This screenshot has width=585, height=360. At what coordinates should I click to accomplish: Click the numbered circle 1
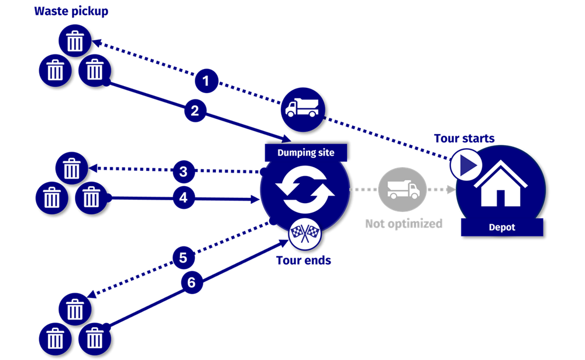(x=205, y=80)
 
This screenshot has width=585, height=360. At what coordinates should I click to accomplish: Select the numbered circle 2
(x=195, y=110)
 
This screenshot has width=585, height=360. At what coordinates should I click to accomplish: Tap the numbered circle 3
(x=184, y=172)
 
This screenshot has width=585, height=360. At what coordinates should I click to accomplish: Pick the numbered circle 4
(x=184, y=198)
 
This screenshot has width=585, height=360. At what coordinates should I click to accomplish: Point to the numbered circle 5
(x=183, y=257)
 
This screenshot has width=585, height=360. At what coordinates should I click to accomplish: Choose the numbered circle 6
(x=191, y=282)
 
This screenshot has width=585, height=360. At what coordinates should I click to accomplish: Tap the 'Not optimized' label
(x=404, y=224)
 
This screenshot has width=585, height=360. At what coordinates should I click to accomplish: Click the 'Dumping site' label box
(x=306, y=153)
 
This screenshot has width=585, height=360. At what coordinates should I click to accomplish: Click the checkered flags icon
(x=304, y=235)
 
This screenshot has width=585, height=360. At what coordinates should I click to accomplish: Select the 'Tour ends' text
(x=304, y=260)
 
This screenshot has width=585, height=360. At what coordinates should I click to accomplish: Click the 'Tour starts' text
(x=464, y=139)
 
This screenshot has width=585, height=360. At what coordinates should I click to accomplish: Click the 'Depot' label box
(x=502, y=227)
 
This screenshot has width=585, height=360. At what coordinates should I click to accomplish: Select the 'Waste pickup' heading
(x=71, y=11)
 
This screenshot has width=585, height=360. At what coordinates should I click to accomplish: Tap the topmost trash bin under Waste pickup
(x=75, y=41)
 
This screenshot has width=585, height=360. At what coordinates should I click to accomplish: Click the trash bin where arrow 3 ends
(x=71, y=169)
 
